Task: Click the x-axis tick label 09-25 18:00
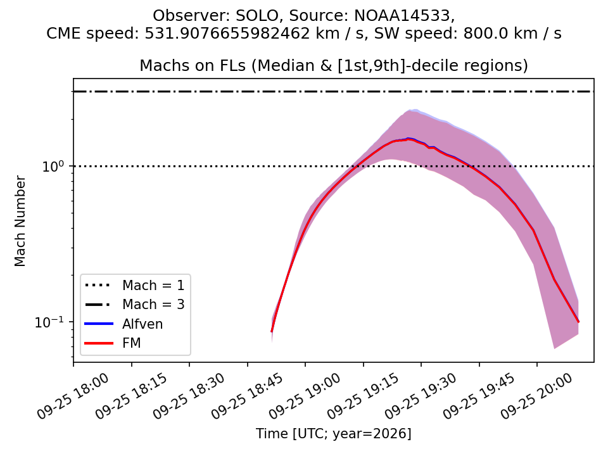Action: [x=73, y=396]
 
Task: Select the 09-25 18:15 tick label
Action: [x=132, y=396]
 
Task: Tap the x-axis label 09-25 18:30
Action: [x=189, y=396]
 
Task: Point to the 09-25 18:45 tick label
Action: [x=248, y=396]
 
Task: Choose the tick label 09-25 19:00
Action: [x=305, y=396]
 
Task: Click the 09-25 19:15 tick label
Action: [x=364, y=396]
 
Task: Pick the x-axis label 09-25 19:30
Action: [x=421, y=396]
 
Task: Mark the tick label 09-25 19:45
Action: [x=479, y=396]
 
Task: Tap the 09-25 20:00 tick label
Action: [x=537, y=396]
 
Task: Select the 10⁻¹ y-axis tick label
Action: [x=49, y=322]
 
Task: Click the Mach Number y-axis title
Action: [x=20, y=222]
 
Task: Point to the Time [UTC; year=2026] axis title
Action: [x=334, y=433]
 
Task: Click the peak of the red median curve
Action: [x=408, y=139]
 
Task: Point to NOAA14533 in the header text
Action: [x=403, y=16]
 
